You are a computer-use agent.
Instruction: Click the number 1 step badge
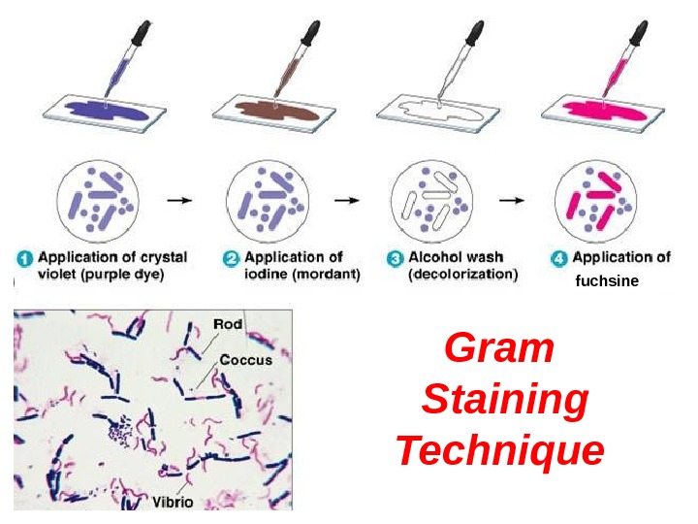(x=24, y=259)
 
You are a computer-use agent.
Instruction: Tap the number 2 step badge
(x=232, y=259)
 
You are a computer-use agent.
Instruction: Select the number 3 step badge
(x=396, y=259)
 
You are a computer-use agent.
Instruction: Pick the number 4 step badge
(x=559, y=259)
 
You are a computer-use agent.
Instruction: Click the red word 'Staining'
(x=505, y=399)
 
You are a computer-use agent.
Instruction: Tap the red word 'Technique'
(x=500, y=450)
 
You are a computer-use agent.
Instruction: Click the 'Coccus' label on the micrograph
(x=246, y=359)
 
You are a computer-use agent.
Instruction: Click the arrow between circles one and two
(x=179, y=200)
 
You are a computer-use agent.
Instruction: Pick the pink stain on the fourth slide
(x=606, y=108)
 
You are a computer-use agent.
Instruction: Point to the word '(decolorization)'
(x=463, y=275)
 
